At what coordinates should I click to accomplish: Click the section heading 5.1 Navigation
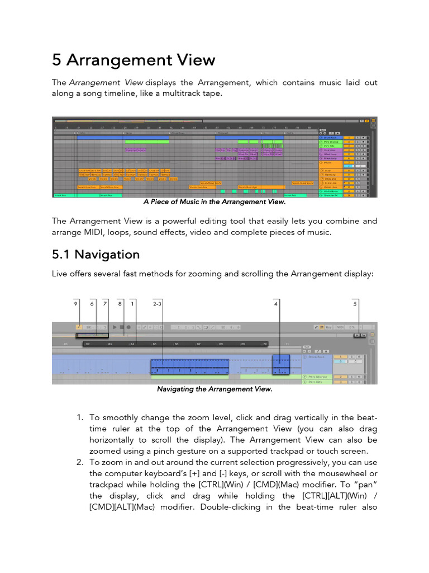coord(96,255)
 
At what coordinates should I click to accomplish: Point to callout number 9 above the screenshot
coord(76,304)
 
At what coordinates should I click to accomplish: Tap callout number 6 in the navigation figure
coord(92,304)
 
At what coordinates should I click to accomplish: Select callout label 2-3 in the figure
coord(158,304)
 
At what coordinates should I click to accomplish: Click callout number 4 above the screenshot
coord(276,304)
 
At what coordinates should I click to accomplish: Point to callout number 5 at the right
coord(355,304)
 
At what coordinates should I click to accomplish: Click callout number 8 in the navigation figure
coord(120,304)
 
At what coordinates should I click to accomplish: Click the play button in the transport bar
coord(115,327)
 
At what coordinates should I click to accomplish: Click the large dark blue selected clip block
coord(190,367)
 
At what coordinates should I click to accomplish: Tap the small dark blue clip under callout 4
coord(281,364)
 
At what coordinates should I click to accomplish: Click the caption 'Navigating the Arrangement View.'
coord(214,389)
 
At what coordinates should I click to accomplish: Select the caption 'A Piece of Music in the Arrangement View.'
coord(214,202)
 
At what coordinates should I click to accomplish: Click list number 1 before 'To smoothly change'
coord(79,417)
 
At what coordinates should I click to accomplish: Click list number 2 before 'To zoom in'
coord(79,462)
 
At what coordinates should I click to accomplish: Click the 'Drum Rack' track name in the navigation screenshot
coord(317,356)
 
